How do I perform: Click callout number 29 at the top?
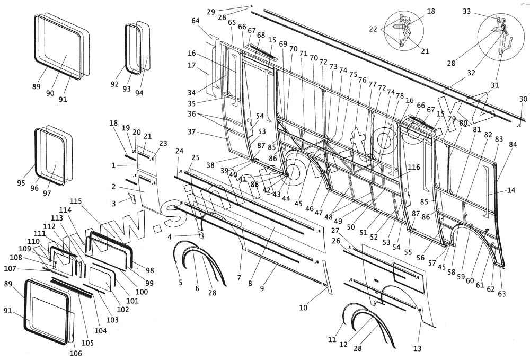pyautogui.click(x=211, y=12)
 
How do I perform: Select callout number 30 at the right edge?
pyautogui.click(x=523, y=99)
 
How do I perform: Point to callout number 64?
pyautogui.click(x=196, y=21)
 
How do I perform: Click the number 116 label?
pyautogui.click(x=414, y=168)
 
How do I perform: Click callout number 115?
pyautogui.click(x=76, y=201)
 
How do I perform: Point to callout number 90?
pyautogui.click(x=50, y=93)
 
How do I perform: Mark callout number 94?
pyautogui.click(x=139, y=93)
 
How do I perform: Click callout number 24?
pyautogui.click(x=179, y=151)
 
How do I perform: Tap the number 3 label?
pyautogui.click(x=113, y=204)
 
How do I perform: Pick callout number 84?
pyautogui.click(x=513, y=144)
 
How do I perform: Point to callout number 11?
pyautogui.click(x=332, y=339)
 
